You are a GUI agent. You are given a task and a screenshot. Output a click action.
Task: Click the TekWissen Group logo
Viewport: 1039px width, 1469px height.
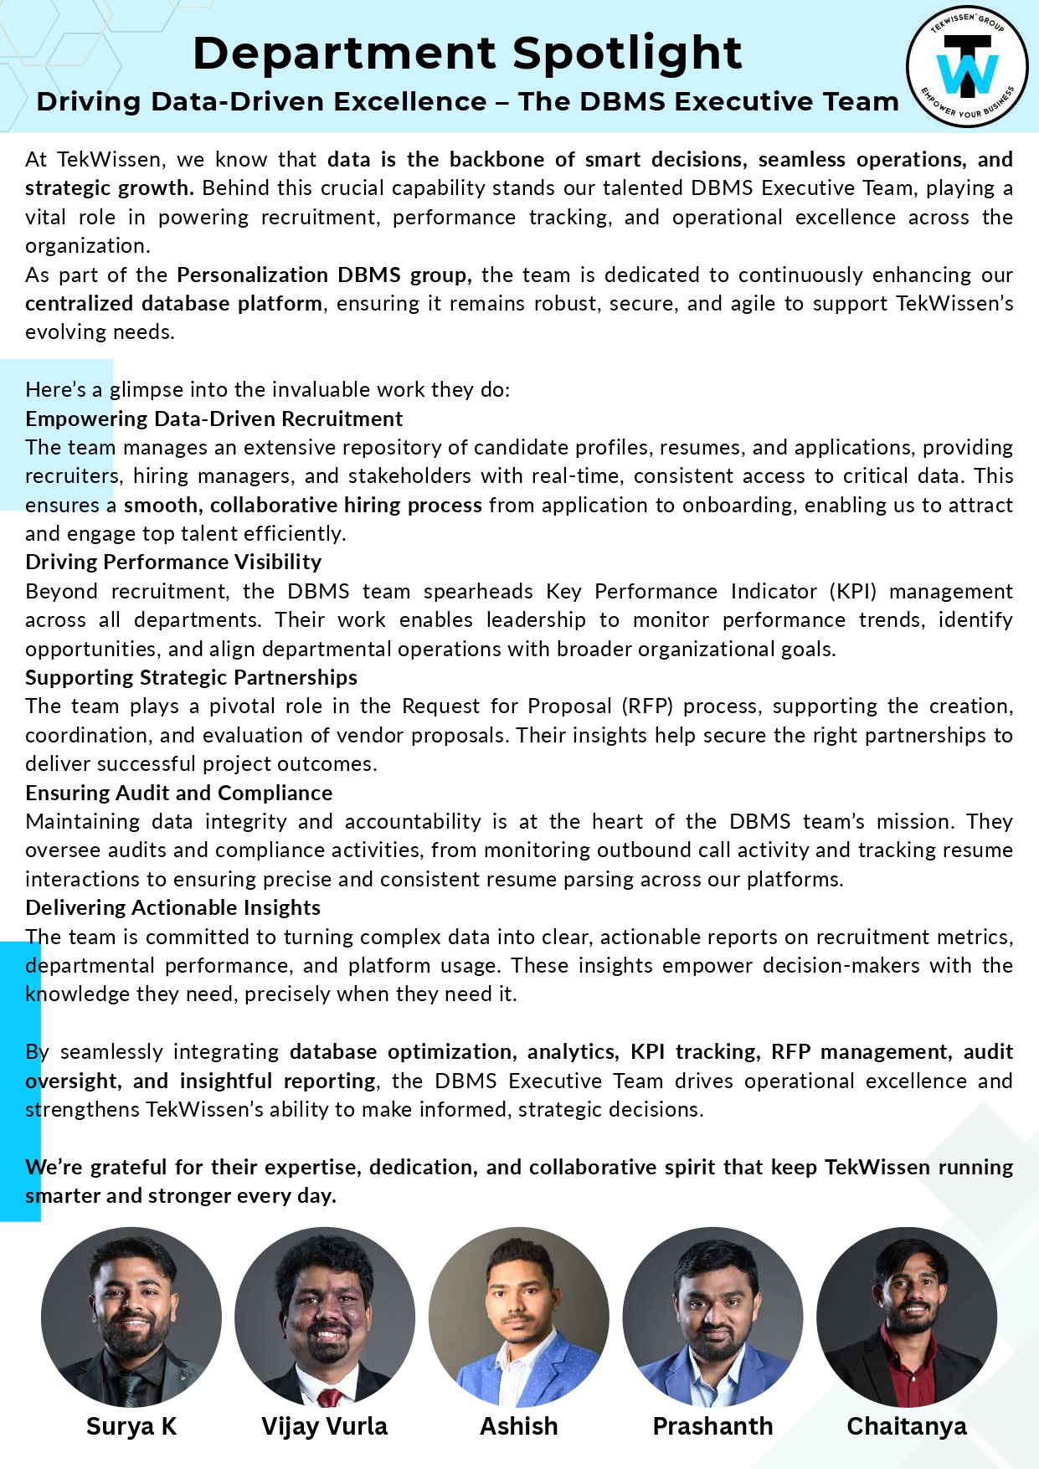pos(967,67)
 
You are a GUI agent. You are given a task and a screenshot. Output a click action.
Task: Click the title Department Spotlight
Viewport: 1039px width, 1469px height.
pos(467,54)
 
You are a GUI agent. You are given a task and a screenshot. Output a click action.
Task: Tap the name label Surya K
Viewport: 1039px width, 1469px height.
pos(131,1426)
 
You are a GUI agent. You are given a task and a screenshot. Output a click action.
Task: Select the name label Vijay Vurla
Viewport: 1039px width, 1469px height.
pos(324,1426)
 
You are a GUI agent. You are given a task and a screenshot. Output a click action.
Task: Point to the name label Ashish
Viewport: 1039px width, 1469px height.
pos(518,1426)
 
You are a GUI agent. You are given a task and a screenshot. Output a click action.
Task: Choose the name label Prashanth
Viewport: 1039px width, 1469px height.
pos(712,1426)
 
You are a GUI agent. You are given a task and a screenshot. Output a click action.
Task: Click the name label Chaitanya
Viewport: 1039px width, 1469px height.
pos(907,1426)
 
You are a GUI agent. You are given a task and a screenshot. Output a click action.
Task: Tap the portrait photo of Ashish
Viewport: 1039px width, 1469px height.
pos(518,1317)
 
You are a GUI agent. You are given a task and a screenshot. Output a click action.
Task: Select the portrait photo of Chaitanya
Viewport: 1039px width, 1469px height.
pos(907,1317)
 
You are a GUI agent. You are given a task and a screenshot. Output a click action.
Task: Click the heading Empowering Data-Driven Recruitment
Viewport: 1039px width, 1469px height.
pos(213,419)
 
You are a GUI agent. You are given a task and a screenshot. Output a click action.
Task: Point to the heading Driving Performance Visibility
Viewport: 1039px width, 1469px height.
pos(173,562)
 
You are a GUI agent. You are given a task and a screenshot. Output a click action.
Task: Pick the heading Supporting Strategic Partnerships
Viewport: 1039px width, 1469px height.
pos(191,677)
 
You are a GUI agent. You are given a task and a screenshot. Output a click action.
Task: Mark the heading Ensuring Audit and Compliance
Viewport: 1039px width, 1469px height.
pos(178,793)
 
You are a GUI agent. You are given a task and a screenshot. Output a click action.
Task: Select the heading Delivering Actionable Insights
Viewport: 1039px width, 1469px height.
pos(172,907)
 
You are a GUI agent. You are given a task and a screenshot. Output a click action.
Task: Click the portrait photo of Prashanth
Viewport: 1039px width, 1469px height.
pos(712,1317)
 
